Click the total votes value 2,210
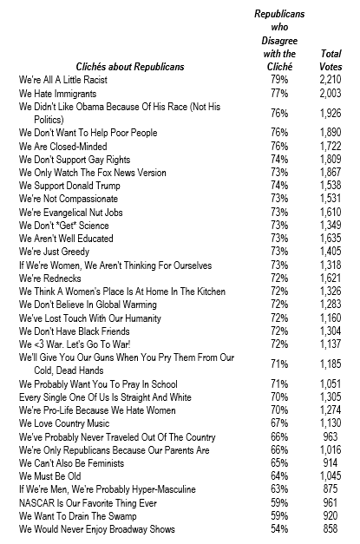331,79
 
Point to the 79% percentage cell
278,79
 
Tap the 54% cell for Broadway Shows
278,529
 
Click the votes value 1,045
331,476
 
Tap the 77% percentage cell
278,92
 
